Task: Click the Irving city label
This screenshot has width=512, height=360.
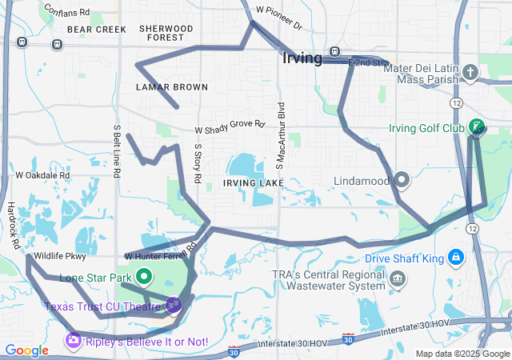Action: tap(302, 58)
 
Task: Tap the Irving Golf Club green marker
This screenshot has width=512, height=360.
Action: tap(476, 126)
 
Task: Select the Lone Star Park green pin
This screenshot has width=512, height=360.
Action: tap(144, 278)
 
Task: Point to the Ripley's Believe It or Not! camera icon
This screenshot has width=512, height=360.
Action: tap(73, 342)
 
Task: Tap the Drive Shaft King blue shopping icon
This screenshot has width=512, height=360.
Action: tap(455, 258)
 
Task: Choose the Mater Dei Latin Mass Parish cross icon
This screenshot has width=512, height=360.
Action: tap(470, 74)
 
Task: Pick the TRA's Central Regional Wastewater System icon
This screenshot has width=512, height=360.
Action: tap(398, 279)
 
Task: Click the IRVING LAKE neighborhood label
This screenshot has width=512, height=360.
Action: tap(254, 183)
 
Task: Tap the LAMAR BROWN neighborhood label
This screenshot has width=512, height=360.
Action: tap(171, 87)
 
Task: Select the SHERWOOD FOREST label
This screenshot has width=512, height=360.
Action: tap(166, 33)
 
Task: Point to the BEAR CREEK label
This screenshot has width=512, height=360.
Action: tap(97, 29)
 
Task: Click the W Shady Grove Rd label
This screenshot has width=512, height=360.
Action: tap(230, 126)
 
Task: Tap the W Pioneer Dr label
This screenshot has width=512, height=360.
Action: tap(279, 18)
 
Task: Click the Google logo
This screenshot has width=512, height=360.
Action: tap(26, 350)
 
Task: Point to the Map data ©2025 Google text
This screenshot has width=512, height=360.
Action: tap(463, 354)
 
